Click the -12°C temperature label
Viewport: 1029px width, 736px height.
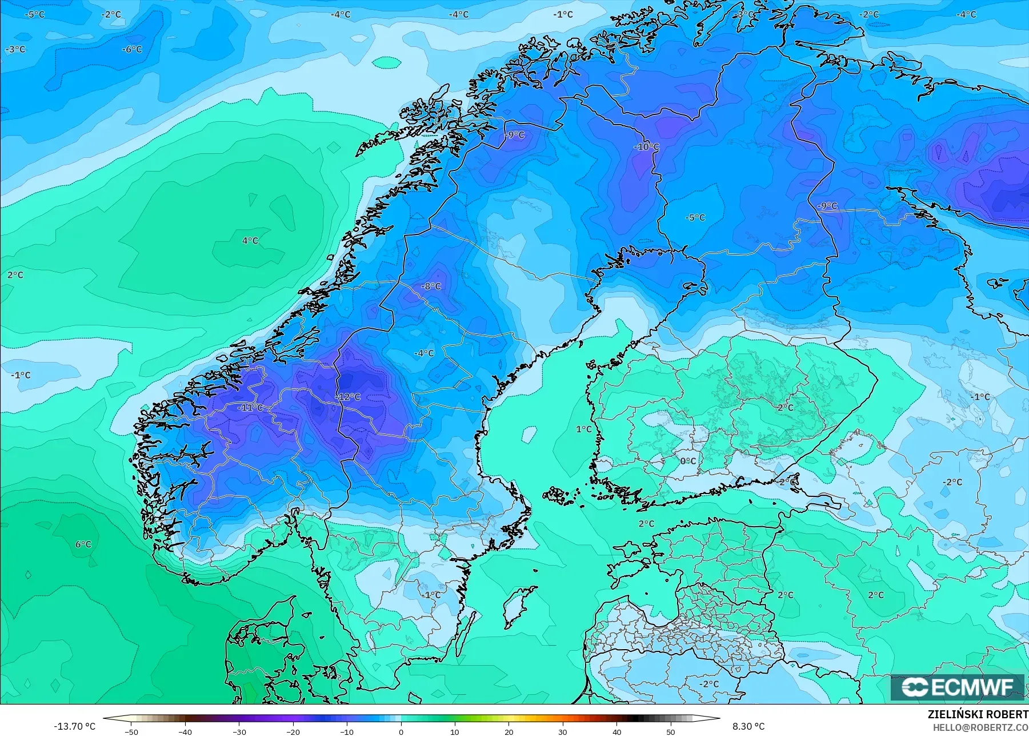tap(348, 397)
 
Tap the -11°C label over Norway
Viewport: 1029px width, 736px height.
tap(250, 408)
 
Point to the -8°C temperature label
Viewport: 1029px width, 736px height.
tap(431, 286)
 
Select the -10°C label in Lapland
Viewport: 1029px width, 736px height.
tap(646, 146)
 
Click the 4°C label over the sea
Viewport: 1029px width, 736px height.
tap(250, 241)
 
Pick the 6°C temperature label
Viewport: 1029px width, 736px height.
tap(83, 544)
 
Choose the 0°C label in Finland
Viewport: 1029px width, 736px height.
tap(688, 461)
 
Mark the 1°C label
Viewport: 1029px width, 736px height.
tap(584, 429)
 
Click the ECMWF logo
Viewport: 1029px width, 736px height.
tap(958, 687)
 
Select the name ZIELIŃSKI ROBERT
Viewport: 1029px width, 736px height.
tap(978, 714)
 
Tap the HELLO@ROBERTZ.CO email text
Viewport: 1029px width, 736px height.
tap(980, 727)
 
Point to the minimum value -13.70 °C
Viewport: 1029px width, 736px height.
tap(74, 726)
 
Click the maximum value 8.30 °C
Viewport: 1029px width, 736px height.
tap(748, 726)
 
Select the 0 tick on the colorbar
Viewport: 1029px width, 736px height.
tap(401, 731)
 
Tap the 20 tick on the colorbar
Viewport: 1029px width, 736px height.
tap(509, 731)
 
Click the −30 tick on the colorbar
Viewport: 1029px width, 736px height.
tap(239, 731)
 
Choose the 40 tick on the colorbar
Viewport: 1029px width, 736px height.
tap(617, 731)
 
